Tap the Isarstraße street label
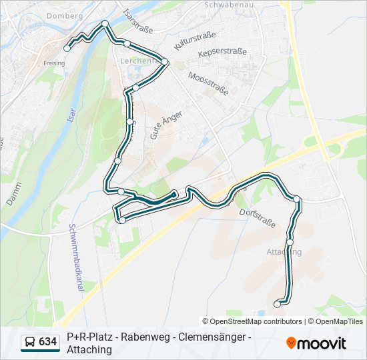(x=139, y=21)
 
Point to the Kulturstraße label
(x=192, y=39)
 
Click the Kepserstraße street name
(x=223, y=51)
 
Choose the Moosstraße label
(x=208, y=83)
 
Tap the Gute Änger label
(x=159, y=124)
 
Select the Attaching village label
(x=284, y=251)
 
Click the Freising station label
(x=54, y=63)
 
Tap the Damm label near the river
(x=12, y=192)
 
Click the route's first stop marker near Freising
(x=67, y=47)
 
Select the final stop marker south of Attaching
(x=278, y=304)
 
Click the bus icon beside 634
(x=29, y=343)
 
